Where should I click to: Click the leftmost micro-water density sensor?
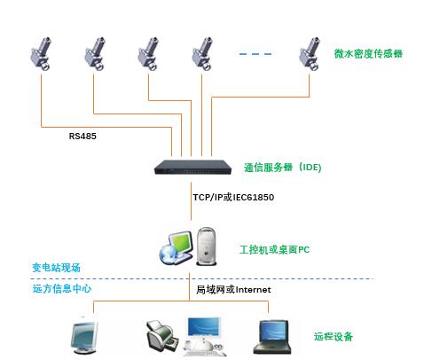coord(41,54)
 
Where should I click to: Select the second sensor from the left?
coord(95,54)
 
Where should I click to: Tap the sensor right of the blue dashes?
coord(310,54)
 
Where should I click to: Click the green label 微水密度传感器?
coord(368,53)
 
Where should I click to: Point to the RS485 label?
coord(82,137)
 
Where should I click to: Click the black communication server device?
coord(192,168)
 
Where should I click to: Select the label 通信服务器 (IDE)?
coord(282,168)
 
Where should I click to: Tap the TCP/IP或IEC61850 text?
coord(233,197)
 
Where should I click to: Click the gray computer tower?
coord(207,247)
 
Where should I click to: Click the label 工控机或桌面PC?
coord(274,250)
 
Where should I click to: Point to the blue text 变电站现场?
coord(56,268)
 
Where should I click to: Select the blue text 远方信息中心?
coord(62,288)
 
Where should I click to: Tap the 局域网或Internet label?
coord(233,290)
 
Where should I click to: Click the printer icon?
coord(162,337)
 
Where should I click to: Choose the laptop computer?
coord(272,337)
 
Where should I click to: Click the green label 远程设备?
coord(334,336)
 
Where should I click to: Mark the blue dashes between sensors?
coord(255,54)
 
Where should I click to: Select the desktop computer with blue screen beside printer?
coord(205,336)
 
